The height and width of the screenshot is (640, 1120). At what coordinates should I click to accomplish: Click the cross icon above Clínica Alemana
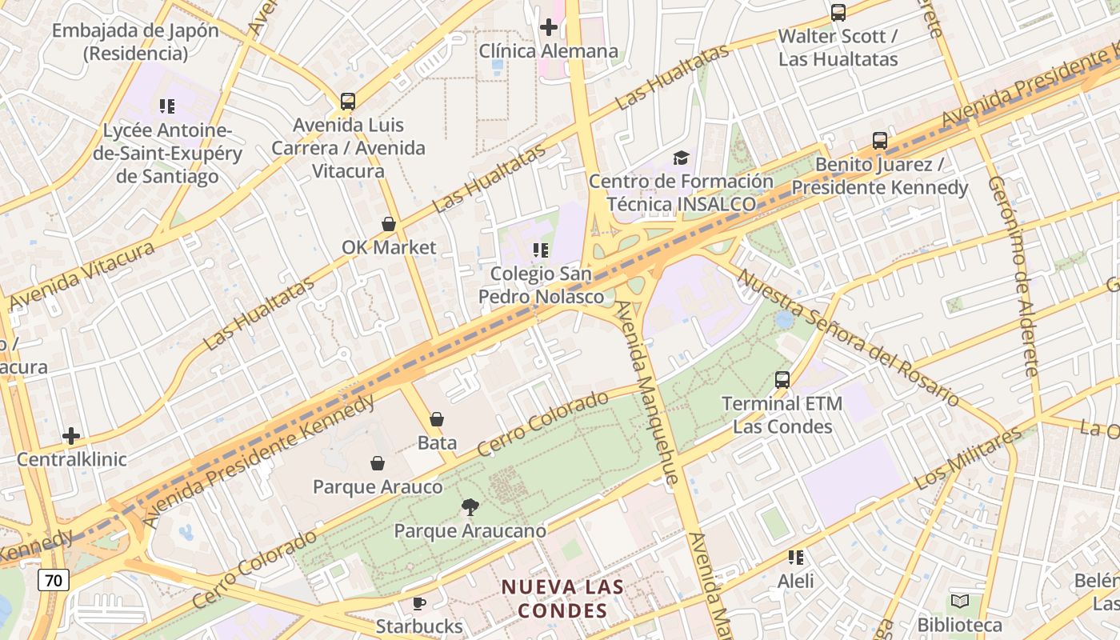pos(548,27)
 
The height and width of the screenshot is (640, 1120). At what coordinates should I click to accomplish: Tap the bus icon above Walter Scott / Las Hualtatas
pos(838,13)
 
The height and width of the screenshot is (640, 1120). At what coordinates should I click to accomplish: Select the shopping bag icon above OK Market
pos(389,224)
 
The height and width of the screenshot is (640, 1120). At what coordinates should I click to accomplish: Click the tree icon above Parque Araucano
pos(470,506)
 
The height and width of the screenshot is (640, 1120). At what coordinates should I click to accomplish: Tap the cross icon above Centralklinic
pos(71,436)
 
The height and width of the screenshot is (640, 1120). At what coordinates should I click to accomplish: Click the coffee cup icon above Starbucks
pos(418,603)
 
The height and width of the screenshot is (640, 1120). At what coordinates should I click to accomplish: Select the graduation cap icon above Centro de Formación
pos(681,158)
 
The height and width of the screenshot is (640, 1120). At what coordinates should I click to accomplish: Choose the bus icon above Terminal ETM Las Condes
pos(782,380)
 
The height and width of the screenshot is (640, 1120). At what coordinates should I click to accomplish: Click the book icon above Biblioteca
pos(960,601)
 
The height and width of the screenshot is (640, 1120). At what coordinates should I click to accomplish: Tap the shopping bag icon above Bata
pos(437,419)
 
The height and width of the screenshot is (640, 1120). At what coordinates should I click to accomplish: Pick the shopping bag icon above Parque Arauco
pos(378,463)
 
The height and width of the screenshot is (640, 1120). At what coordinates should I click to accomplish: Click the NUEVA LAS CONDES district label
pos(562,598)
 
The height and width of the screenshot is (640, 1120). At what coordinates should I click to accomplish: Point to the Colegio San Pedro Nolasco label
pos(542,285)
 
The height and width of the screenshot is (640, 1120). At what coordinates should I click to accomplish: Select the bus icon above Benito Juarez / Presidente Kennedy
pos(880,141)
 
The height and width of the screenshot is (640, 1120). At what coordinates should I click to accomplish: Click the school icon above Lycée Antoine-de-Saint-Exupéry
pos(167,106)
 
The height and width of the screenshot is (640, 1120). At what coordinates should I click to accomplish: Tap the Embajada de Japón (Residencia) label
pos(135,42)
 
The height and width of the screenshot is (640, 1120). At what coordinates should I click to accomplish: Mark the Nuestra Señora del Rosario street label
pos(847,336)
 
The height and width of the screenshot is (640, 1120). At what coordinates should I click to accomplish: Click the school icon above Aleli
pos(796,557)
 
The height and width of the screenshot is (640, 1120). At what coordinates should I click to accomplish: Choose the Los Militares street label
pos(967,458)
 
